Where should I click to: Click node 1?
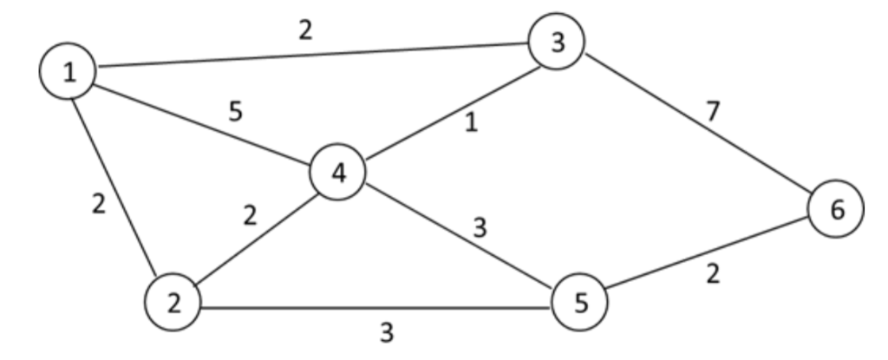coord(68,72)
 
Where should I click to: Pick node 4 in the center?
coord(338,173)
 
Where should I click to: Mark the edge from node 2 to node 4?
coord(257,239)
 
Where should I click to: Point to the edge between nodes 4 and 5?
coord(460,240)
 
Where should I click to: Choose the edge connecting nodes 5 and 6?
coord(707,258)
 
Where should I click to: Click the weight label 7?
coord(714,110)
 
